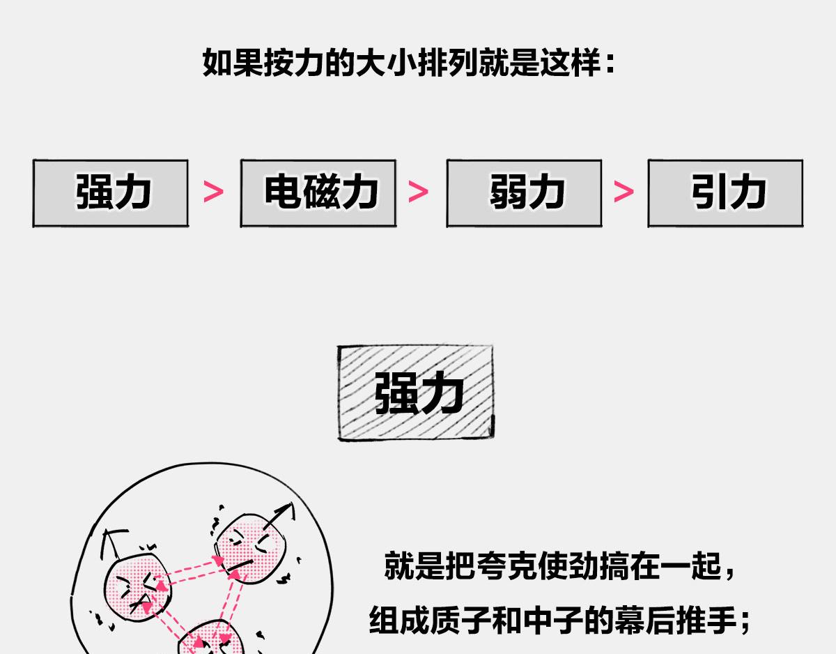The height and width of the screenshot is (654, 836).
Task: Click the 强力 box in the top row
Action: click(111, 193)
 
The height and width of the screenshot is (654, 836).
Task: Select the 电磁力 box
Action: click(318, 193)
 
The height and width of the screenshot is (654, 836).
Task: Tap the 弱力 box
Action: click(524, 193)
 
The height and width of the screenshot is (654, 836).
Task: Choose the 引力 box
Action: click(725, 193)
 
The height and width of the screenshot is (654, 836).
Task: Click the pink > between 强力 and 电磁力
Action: click(214, 192)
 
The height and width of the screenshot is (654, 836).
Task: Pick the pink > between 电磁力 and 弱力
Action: click(419, 192)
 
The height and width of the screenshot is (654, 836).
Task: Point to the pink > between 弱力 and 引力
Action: click(624, 192)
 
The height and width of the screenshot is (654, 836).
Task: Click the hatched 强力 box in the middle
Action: click(416, 393)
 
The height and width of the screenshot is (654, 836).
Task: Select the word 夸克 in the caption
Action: click(491, 566)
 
